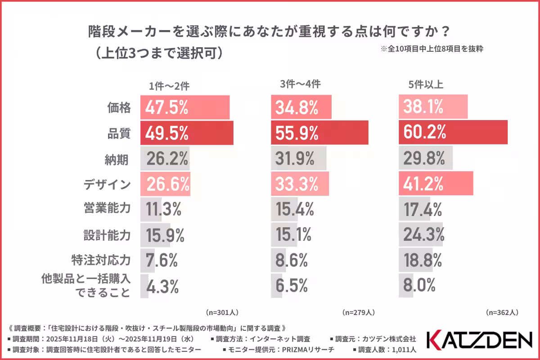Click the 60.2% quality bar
click(x=453, y=132)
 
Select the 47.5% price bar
click(x=185, y=107)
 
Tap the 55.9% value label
click(x=295, y=133)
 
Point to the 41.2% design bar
click(x=436, y=184)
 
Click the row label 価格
click(x=119, y=108)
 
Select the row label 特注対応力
click(x=101, y=260)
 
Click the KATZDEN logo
click(x=479, y=341)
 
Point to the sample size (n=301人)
click(x=222, y=311)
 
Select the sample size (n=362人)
click(x=502, y=311)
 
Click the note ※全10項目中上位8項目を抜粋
click(x=432, y=49)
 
